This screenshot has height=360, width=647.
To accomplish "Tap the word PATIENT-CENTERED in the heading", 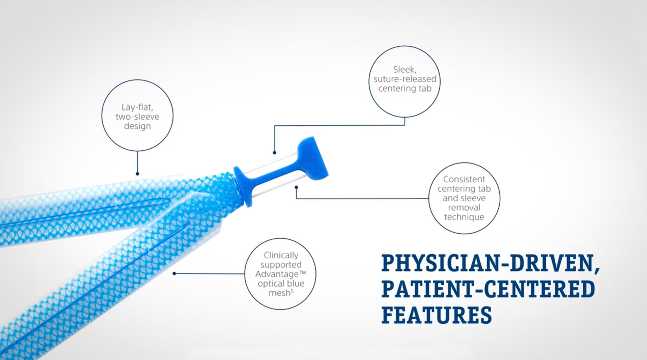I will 488,289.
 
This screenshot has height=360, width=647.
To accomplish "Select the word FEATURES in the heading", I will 436,314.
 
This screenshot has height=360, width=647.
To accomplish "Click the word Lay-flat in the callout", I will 137,107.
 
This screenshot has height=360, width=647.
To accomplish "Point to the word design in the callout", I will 137,126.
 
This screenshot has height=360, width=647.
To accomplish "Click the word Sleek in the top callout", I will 404,70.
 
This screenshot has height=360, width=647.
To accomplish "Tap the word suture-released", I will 405,79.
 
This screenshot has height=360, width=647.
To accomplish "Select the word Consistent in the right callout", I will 464,179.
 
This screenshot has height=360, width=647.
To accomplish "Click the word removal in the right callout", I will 464,207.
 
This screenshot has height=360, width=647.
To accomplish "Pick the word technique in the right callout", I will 464,217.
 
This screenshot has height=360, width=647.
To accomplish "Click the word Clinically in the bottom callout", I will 281,255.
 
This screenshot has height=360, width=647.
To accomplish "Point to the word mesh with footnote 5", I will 279,293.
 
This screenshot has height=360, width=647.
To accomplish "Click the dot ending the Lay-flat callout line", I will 137,174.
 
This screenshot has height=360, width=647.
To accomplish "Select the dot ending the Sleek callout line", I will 275,153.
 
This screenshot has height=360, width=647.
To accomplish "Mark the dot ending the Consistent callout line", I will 296,187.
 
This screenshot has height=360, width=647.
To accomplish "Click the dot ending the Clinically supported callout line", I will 174,274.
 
